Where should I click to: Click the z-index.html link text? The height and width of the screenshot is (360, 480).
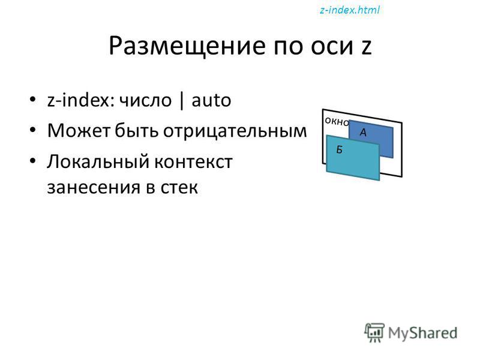(350, 10)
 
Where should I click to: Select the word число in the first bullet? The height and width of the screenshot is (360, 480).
(145, 100)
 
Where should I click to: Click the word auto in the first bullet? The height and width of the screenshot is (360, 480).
(211, 100)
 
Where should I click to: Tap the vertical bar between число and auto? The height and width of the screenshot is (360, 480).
(182, 100)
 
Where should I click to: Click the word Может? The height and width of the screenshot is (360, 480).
(79, 131)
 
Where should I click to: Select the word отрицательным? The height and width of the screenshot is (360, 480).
(235, 131)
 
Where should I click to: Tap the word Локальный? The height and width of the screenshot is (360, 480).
(98, 161)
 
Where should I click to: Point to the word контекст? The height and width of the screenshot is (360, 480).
(193, 162)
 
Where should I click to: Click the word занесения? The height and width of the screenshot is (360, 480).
(94, 187)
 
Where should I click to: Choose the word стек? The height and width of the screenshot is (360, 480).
(179, 188)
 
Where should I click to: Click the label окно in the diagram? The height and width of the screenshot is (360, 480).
(337, 122)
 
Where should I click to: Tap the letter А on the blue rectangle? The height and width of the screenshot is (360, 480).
(363, 132)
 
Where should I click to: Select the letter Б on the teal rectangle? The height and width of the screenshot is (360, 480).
(339, 149)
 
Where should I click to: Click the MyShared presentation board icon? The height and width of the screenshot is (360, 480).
(374, 332)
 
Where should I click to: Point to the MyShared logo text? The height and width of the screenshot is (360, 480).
(422, 333)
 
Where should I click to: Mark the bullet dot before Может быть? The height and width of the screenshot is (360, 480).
(33, 130)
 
